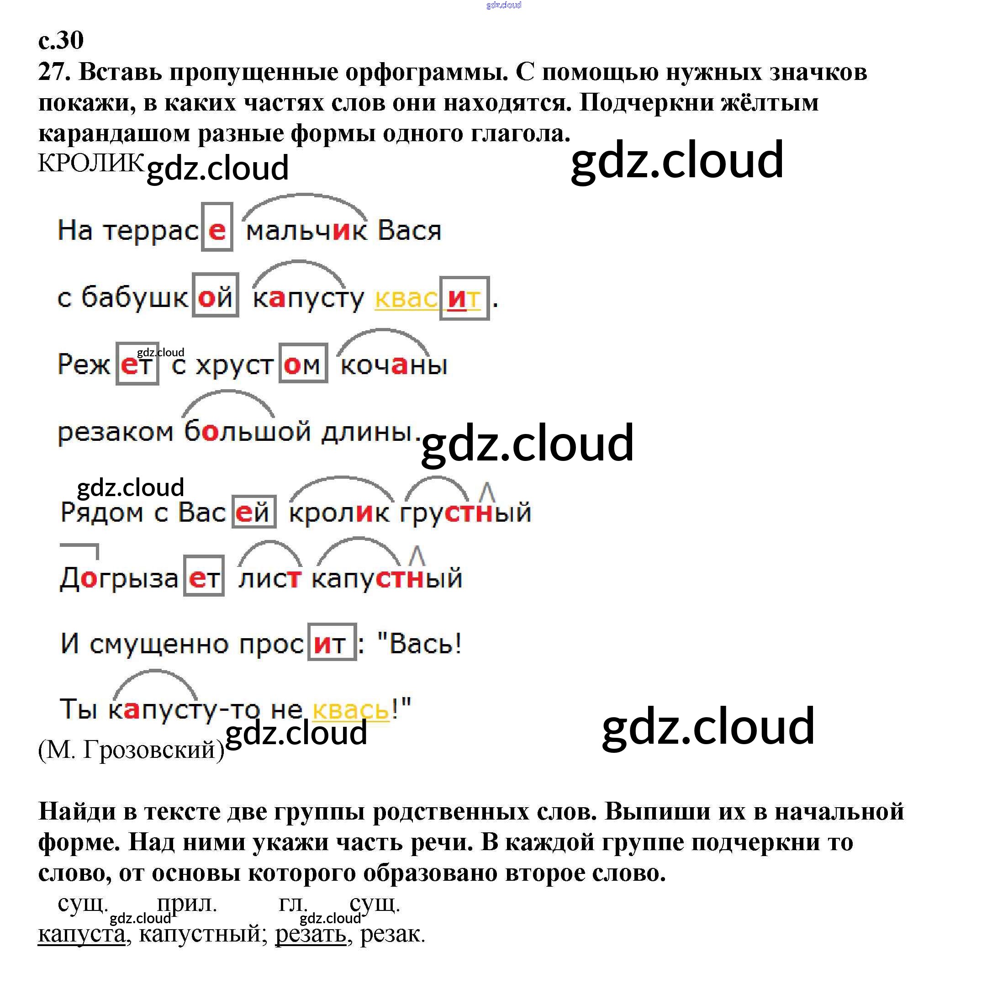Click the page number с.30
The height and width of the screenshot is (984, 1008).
(x=60, y=40)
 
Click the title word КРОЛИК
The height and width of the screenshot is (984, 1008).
(x=91, y=163)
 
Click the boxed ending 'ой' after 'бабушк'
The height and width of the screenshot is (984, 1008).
(x=215, y=296)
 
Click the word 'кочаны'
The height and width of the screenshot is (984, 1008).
(x=394, y=365)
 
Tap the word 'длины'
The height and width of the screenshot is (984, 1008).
(x=366, y=431)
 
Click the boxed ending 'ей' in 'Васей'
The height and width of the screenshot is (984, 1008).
(x=253, y=512)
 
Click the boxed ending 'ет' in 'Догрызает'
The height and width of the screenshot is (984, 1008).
(x=204, y=577)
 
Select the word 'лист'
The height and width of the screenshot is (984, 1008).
(x=269, y=578)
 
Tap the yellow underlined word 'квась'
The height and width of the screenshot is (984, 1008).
(x=351, y=709)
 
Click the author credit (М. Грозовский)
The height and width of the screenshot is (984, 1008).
(x=131, y=749)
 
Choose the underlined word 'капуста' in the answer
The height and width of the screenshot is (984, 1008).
(x=82, y=933)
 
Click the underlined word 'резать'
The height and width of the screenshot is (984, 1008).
(x=311, y=933)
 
